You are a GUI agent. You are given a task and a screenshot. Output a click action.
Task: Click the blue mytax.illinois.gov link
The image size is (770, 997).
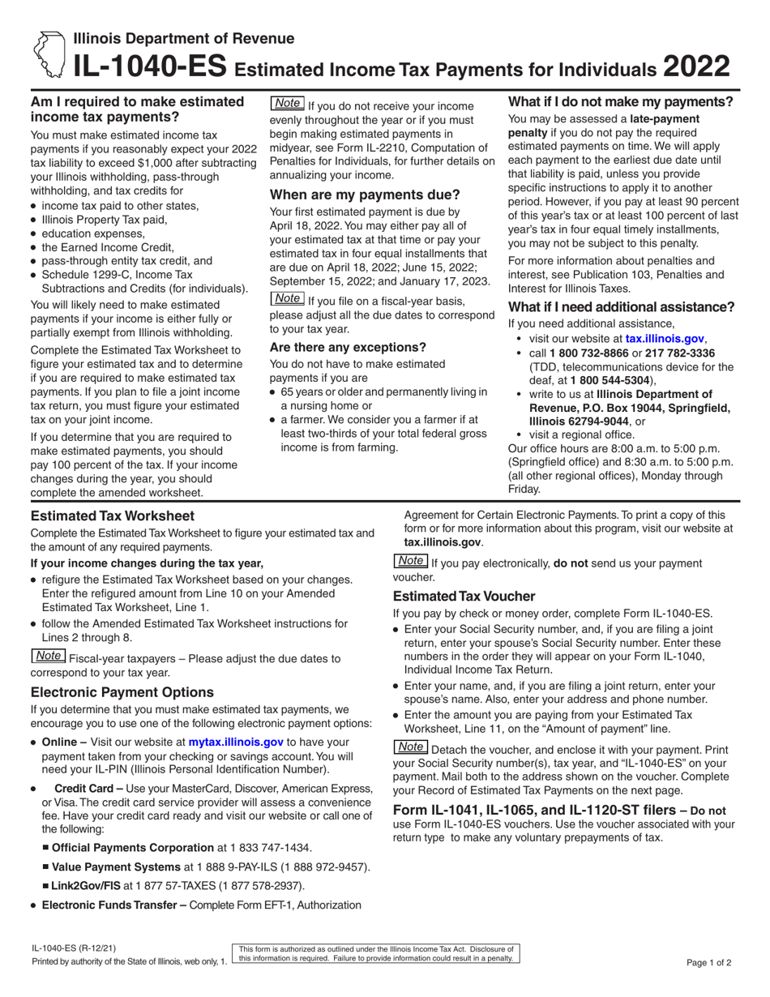[236, 741]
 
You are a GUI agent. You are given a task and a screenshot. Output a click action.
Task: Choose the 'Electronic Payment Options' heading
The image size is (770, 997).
[122, 692]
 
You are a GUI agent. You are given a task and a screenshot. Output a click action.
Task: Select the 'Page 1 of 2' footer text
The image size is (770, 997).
[708, 964]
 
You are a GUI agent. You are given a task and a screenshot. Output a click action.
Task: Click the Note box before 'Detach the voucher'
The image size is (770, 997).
[410, 747]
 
